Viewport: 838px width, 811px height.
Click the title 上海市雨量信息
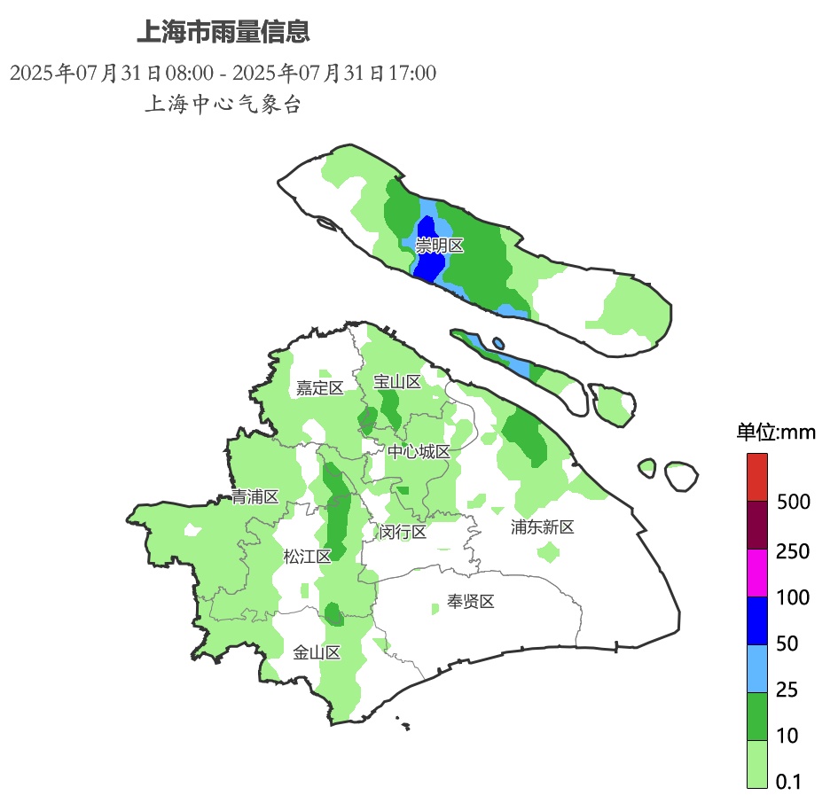click(x=223, y=33)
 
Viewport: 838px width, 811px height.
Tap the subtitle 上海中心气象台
click(x=223, y=104)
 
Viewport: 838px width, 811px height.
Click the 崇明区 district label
click(x=440, y=246)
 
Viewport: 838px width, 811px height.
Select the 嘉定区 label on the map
click(x=319, y=387)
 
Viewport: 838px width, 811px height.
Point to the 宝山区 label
click(x=396, y=382)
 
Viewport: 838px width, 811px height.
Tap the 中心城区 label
click(x=419, y=452)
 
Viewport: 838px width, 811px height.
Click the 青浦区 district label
click(x=255, y=497)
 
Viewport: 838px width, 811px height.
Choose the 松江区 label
click(x=307, y=557)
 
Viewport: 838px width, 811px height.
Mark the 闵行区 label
click(x=403, y=532)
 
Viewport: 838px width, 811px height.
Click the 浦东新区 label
click(x=543, y=527)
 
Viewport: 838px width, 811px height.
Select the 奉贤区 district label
click(x=470, y=602)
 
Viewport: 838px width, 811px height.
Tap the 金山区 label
click(x=317, y=653)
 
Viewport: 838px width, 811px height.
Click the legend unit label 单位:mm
click(x=776, y=433)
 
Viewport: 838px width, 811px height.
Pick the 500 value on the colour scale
click(x=793, y=503)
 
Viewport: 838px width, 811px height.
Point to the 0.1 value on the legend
click(x=788, y=781)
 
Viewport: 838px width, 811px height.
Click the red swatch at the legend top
click(x=756, y=478)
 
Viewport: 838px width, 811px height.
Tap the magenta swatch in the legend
click(x=756, y=573)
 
